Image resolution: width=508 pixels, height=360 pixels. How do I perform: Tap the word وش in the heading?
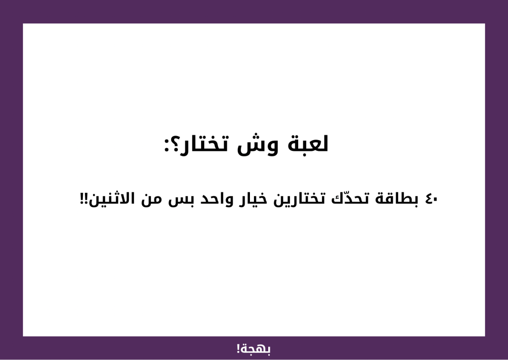click(258, 145)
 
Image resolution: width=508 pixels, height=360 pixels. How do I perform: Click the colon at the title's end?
click(167, 146)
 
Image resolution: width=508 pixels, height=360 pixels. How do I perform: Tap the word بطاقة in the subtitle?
click(397, 199)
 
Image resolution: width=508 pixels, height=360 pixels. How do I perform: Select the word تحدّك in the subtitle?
click(350, 199)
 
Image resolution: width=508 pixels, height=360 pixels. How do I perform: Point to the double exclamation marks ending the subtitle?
click(84, 199)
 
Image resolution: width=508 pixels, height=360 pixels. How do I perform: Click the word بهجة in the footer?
click(256, 349)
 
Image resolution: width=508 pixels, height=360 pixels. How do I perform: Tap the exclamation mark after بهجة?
click(238, 349)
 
